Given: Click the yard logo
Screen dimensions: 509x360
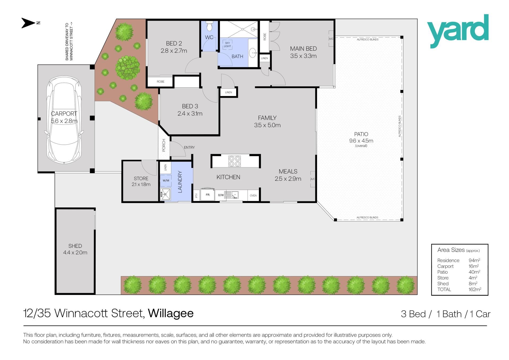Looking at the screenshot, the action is pos(458,31).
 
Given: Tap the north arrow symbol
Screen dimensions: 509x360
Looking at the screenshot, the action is pos(28,23).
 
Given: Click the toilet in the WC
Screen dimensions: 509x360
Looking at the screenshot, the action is pos(209,26).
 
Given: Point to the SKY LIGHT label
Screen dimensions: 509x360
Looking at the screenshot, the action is pos(227,45).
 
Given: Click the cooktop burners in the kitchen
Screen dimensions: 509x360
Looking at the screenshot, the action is pos(234,161).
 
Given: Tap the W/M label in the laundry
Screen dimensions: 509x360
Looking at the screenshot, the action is pos(166,180).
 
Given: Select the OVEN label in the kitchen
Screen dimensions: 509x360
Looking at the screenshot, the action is pos(253,196).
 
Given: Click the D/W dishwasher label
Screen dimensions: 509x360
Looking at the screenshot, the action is pos(221,195).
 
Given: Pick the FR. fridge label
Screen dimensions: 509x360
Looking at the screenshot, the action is pos(208,195).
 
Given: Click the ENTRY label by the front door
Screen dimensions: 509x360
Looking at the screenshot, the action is pos(189,148).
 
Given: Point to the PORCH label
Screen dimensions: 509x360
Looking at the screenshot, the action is pos(164,145).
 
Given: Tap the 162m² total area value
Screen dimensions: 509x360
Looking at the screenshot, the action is pos(475,289).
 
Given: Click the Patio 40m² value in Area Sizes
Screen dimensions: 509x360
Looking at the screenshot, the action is pos(474,272).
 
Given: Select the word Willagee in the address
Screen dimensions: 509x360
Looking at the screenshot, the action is pos(171,314).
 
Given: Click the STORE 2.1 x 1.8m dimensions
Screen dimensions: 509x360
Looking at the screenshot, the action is pos(141,184).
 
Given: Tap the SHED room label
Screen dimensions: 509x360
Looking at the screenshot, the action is pos(75,246).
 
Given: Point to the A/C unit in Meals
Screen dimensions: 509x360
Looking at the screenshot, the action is pos(313,179).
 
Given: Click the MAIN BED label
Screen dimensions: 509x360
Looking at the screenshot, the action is pos(303,49).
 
